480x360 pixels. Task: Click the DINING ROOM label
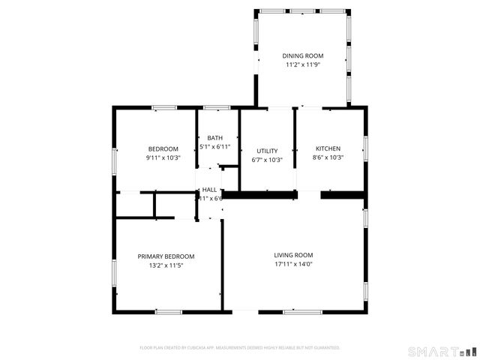[303, 56]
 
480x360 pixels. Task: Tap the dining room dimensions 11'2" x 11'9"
[303, 65]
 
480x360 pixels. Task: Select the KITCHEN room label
[328, 148]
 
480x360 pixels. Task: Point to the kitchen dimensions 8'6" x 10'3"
[328, 157]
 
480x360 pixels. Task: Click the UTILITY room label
[267, 151]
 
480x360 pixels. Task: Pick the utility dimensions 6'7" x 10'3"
[267, 160]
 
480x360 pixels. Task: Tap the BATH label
[215, 138]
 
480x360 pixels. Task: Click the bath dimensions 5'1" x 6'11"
[215, 146]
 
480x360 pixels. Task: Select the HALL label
[209, 190]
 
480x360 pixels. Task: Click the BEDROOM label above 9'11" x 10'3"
[163, 148]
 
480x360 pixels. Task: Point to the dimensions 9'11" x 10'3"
[163, 157]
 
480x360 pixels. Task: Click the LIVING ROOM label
[293, 255]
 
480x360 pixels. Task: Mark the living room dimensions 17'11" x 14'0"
[293, 264]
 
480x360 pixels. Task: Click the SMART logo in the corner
[442, 351]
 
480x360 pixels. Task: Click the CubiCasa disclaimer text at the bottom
[240, 348]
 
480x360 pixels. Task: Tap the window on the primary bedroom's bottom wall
[169, 311]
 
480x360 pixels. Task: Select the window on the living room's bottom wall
[302, 311]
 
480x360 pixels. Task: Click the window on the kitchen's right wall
[365, 148]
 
